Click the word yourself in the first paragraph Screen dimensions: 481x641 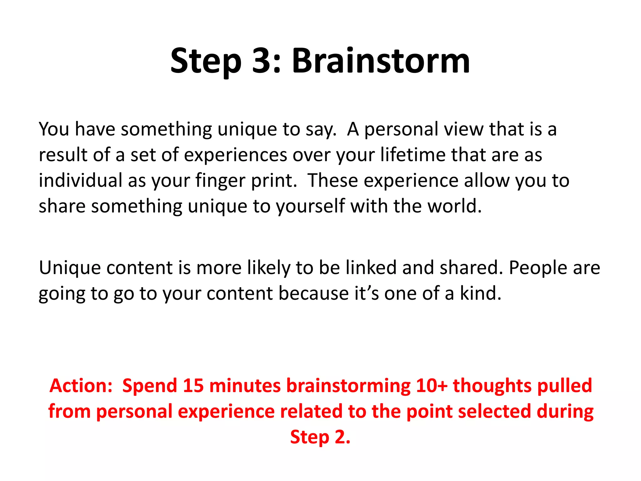pyautogui.click(x=310, y=207)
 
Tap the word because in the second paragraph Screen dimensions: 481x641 pyautogui.click(x=314, y=294)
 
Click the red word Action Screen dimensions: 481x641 pyautogui.click(x=80, y=385)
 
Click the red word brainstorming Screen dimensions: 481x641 pyautogui.click(x=348, y=386)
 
